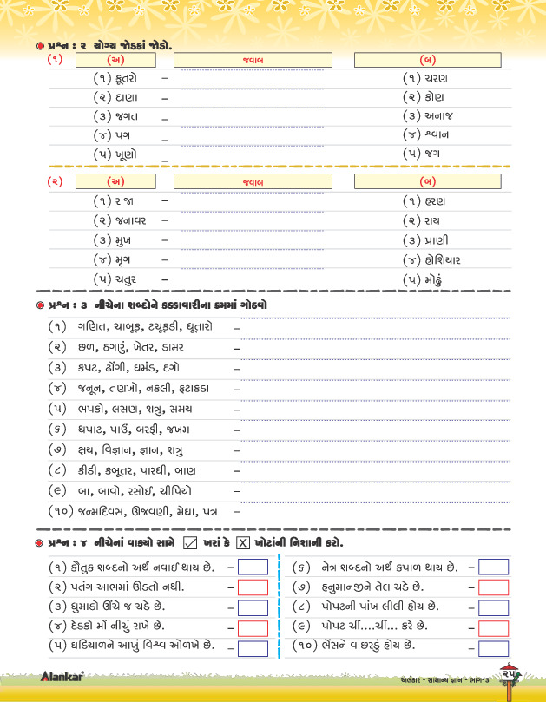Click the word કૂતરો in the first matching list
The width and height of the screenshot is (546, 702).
tap(128, 78)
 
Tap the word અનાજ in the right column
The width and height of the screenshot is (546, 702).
tap(438, 115)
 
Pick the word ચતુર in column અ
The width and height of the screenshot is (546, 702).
tap(125, 279)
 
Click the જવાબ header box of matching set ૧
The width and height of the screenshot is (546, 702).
tap(253, 60)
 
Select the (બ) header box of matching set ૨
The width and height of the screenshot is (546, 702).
tap(426, 181)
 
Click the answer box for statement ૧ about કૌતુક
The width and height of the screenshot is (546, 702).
tap(253, 567)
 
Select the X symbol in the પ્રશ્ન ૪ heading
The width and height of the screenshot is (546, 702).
tap(243, 543)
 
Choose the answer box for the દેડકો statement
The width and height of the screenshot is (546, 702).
tap(253, 627)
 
